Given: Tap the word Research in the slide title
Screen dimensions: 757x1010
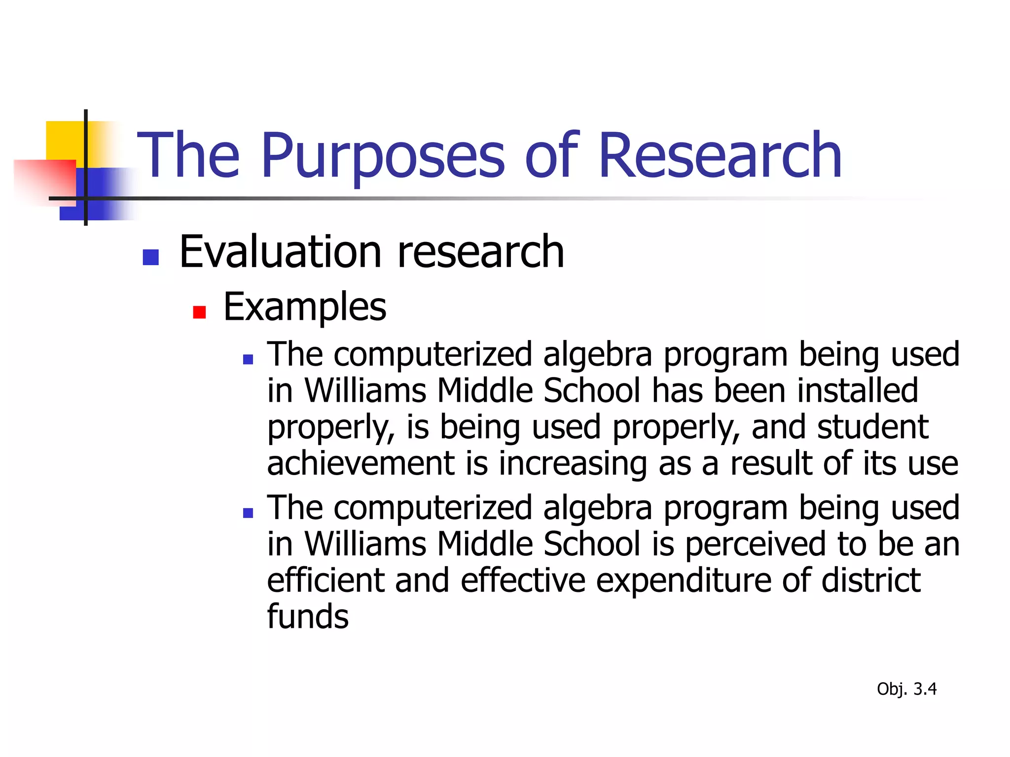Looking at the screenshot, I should (x=720, y=156).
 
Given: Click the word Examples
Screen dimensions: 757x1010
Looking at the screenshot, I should (x=305, y=308).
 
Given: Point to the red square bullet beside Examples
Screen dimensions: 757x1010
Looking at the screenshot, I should (x=199, y=312).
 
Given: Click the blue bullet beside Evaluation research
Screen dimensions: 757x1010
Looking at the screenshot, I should (x=150, y=257).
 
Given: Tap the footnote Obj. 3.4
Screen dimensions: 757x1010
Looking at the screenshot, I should (x=906, y=689).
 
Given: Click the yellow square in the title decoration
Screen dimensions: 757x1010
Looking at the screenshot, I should (x=64, y=140).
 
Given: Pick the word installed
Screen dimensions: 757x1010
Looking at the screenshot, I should (x=858, y=391).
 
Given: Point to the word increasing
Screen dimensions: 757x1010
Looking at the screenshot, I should (x=573, y=464).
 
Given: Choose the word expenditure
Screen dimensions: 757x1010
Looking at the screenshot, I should (x=684, y=581).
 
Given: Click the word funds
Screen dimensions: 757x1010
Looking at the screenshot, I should (x=308, y=617).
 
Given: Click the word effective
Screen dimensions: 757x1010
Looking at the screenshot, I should (x=523, y=581).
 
